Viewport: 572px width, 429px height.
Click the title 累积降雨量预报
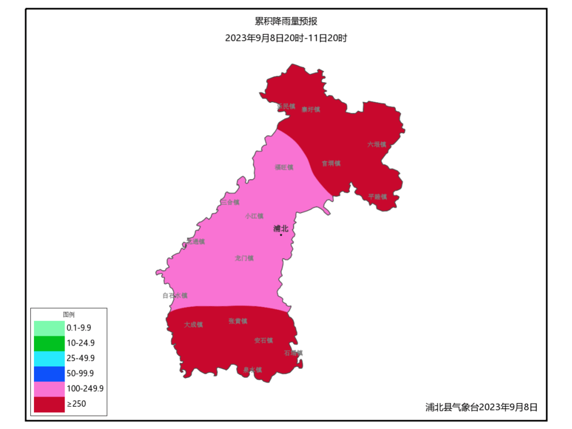point(286,21)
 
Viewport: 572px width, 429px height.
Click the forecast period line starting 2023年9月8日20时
point(286,38)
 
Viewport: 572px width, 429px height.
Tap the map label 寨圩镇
point(311,110)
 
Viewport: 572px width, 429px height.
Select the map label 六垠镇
point(377,144)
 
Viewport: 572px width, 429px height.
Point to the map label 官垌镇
point(332,164)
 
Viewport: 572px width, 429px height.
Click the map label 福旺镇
point(284,167)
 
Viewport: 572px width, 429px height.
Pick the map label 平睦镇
point(378,196)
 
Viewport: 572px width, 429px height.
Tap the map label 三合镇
point(230,202)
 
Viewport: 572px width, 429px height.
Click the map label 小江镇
point(254,216)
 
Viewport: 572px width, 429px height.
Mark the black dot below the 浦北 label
point(281,235)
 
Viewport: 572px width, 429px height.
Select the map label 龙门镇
point(244,258)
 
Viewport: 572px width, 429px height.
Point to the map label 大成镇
point(193,325)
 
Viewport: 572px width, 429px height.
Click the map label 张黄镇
point(238,321)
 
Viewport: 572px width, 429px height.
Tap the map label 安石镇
point(263,341)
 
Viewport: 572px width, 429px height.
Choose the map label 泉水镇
point(252,370)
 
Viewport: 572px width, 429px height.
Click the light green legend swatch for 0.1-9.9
point(49,328)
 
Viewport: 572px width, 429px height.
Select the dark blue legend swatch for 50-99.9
point(49,373)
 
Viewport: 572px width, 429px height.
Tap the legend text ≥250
point(77,404)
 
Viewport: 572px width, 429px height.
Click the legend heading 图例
point(69,315)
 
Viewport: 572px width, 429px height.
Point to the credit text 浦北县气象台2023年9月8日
point(481,407)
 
